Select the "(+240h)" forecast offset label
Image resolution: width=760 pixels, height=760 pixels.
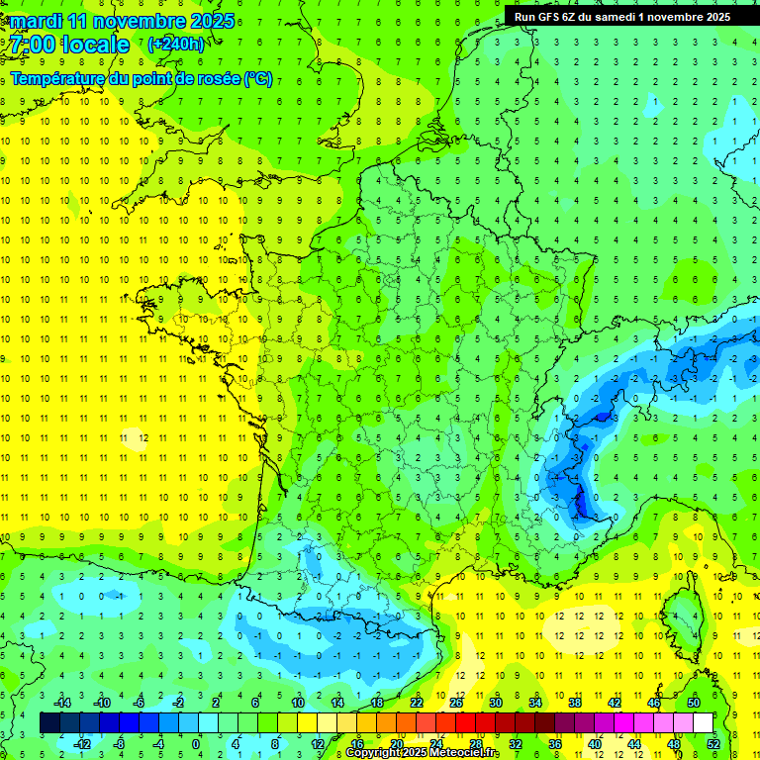176,45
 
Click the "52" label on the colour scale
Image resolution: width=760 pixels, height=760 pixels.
712,744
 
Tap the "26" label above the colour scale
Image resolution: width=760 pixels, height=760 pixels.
455,703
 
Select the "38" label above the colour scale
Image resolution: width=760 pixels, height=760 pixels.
574,703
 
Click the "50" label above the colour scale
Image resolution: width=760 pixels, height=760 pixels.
693,703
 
